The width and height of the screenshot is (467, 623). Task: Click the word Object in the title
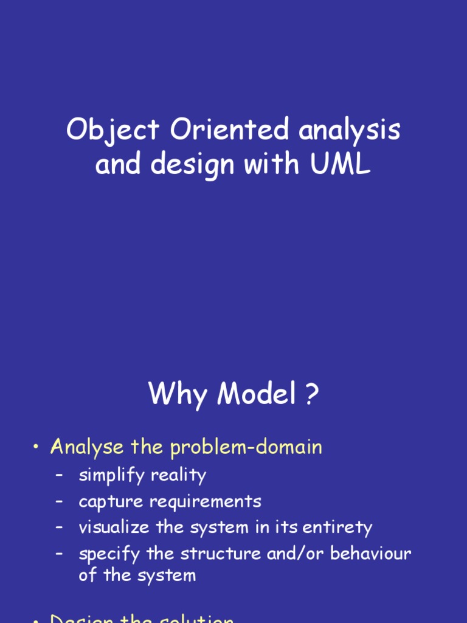pos(114,131)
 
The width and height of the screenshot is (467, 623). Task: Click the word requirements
pos(201,502)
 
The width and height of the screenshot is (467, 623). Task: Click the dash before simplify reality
pos(59,475)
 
